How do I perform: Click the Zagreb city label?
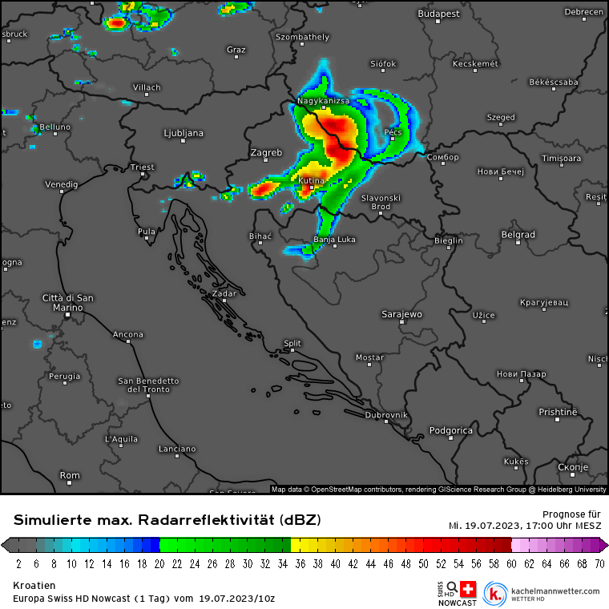[266, 152]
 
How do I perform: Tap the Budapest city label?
[438, 14]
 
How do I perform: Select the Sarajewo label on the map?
[401, 314]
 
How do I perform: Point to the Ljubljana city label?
[183, 133]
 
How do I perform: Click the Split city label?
[292, 344]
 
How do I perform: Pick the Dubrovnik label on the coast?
[386, 415]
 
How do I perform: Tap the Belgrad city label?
[518, 235]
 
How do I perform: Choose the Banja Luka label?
[335, 240]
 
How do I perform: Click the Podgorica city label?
[451, 430]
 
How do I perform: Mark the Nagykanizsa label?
[324, 101]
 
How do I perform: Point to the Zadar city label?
[224, 293]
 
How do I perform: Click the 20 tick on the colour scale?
[159, 563]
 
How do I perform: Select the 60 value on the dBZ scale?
[510, 563]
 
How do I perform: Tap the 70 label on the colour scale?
[599, 563]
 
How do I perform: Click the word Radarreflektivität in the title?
[229, 520]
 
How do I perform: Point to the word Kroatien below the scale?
[34, 586]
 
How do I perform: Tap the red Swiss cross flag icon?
[468, 587]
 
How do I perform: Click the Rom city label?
[70, 475]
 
